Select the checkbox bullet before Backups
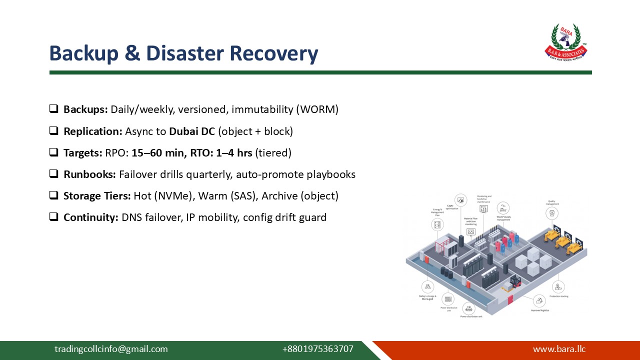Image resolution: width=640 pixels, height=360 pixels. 53,108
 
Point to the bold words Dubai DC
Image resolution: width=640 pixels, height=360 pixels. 192,131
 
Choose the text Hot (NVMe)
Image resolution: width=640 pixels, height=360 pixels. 163,196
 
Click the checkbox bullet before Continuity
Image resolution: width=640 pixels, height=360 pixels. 53,217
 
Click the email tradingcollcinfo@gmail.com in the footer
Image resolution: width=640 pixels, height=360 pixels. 111,349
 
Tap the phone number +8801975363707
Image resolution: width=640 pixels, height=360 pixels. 317,349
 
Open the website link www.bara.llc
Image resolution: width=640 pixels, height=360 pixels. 559,349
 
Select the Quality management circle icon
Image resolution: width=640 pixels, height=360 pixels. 552,213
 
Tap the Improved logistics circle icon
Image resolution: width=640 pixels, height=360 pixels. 539,300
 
